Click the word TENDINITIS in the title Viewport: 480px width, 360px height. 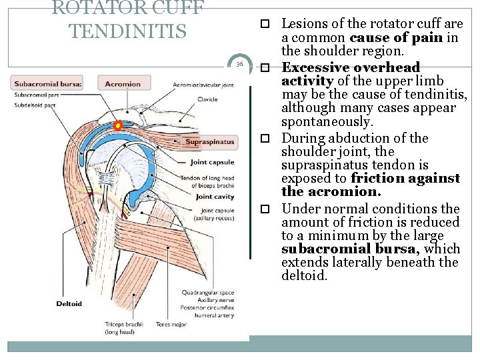tap(128, 31)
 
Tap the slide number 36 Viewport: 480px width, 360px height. tap(239, 64)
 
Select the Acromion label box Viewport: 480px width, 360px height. tap(122, 84)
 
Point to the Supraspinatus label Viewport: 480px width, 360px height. tap(210, 142)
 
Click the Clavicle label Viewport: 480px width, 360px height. tap(207, 99)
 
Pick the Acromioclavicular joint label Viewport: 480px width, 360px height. tap(203, 85)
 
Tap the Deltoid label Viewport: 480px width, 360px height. tap(69, 303)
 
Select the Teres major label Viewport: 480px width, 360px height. tap(172, 325)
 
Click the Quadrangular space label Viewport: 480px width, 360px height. tap(208, 293)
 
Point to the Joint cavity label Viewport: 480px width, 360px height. tap(213, 197)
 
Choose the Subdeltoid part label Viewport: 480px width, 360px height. tap(35, 105)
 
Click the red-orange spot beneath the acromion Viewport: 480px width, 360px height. tap(118, 125)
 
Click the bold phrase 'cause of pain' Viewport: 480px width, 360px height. tap(396, 37)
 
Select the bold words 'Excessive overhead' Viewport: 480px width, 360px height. tap(351, 67)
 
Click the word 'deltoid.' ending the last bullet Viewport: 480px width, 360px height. tap(304, 275)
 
